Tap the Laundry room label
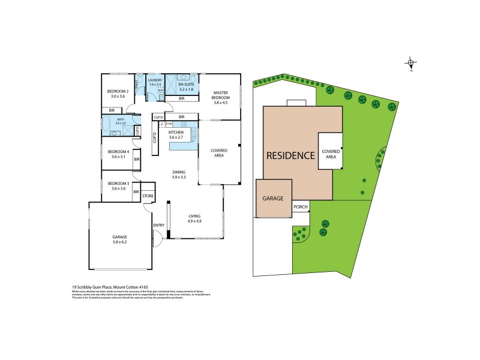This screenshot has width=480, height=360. click(155, 82)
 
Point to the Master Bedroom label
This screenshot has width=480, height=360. click(220, 97)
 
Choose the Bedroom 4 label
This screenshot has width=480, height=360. click(118, 154)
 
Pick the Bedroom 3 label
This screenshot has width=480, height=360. click(118, 185)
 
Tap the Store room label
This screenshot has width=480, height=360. click(148, 196)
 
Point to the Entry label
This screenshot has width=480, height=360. click(158, 226)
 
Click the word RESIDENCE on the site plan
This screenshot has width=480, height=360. click(290, 155)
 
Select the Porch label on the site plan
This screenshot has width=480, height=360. click(301, 207)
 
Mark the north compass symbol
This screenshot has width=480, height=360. click(411, 64)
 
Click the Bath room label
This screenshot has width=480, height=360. click(121, 122)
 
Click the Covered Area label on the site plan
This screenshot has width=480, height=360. click(331, 154)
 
